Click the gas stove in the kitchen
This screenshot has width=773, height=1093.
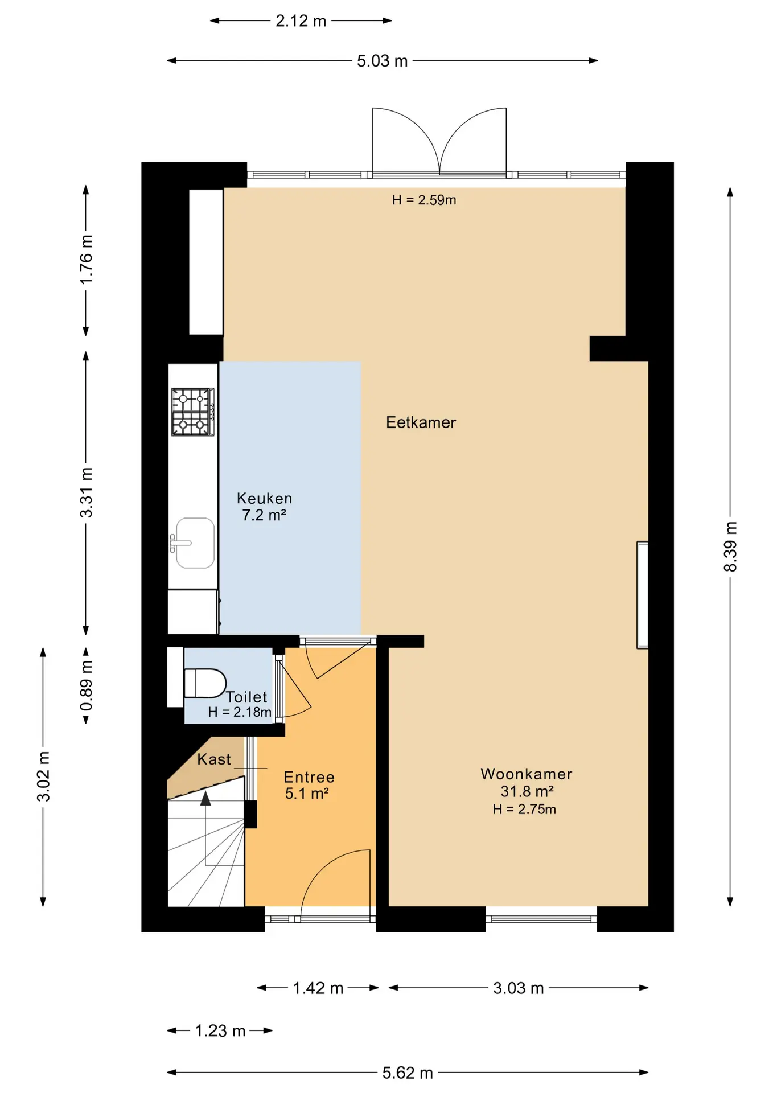(193, 412)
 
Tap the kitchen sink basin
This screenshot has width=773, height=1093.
(195, 543)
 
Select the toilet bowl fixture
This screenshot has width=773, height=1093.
(205, 683)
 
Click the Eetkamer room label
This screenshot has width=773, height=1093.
(421, 422)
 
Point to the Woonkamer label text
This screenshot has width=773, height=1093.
(527, 774)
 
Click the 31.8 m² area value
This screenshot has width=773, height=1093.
(527, 791)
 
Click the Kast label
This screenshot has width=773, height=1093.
(214, 759)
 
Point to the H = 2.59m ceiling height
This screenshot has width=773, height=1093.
(424, 200)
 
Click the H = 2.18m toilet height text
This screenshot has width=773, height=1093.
(240, 712)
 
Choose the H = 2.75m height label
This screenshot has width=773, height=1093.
(524, 809)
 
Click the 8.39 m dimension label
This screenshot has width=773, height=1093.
(730, 546)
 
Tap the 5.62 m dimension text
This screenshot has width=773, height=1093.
(408, 1073)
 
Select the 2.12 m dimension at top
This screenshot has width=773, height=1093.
(301, 21)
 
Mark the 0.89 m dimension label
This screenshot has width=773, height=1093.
(86, 686)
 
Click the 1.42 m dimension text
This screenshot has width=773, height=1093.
(318, 988)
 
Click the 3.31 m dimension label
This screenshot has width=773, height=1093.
(86, 492)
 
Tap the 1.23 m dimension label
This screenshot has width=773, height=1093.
(220, 1031)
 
